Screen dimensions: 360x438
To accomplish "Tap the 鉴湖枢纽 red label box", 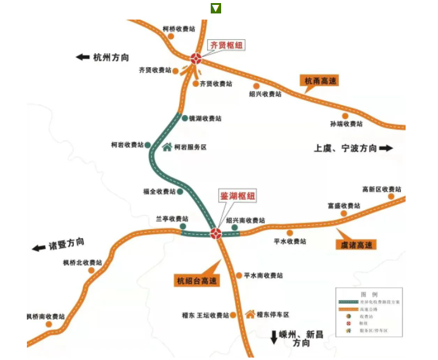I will pyautogui.click(x=238, y=196).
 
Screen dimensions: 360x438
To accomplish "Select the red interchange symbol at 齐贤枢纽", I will pyautogui.click(x=195, y=59).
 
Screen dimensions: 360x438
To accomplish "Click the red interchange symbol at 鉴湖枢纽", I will pyautogui.click(x=216, y=233).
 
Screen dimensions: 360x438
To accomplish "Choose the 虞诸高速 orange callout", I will pyautogui.click(x=356, y=244).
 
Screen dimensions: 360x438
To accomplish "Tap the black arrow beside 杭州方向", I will pyautogui.click(x=82, y=57).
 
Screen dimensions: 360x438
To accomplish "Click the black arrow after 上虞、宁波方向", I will pyautogui.click(x=386, y=148).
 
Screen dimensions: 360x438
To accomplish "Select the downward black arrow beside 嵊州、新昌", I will pyautogui.click(x=274, y=337).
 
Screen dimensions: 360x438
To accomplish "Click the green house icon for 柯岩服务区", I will pyautogui.click(x=167, y=147).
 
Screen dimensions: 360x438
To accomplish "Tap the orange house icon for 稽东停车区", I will pyautogui.click(x=250, y=314).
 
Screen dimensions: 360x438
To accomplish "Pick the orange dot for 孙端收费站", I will pyautogui.click(x=345, y=116).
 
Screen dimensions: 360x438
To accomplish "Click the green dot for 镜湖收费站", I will pyautogui.click(x=184, y=117).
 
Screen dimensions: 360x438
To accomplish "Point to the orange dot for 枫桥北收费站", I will pyautogui.click(x=92, y=270).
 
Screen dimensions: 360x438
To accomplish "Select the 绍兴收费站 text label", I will pyautogui.click(x=265, y=95).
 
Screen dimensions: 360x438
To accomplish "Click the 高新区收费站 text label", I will pyautogui.click(x=382, y=189).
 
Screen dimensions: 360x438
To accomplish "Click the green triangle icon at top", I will pyautogui.click(x=216, y=8).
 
